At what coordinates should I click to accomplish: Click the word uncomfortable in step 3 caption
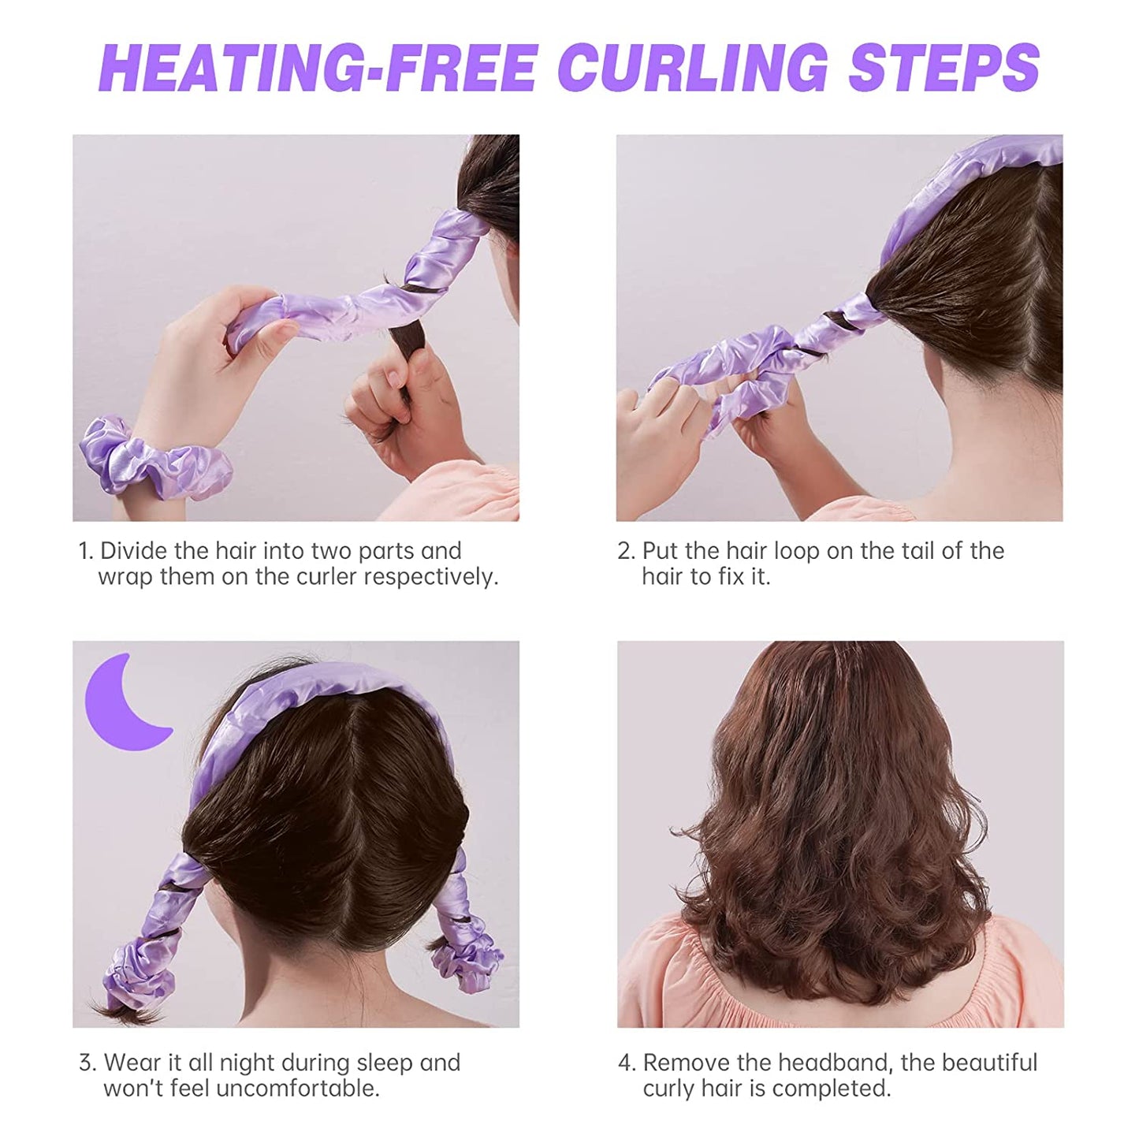tap(297, 1089)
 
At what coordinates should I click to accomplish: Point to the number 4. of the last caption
tap(627, 1063)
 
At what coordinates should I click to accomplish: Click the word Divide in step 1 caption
tap(138, 551)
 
